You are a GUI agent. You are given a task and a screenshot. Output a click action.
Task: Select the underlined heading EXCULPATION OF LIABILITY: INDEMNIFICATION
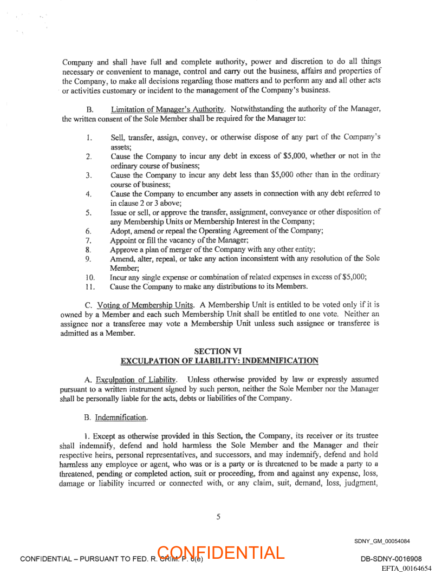coord(219,361)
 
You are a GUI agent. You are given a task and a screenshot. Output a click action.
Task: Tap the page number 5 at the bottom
coord(218,517)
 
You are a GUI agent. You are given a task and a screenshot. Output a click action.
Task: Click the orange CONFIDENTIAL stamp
coord(221,553)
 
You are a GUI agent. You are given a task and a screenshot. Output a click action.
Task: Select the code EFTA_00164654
coord(406,568)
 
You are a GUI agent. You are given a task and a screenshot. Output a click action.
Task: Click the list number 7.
coord(88,240)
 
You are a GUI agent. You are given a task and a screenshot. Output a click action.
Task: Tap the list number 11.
coord(90,286)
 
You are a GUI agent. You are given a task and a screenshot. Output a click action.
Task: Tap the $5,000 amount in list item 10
coord(354,277)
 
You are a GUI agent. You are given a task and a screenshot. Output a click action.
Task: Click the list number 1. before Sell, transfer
coord(88,138)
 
